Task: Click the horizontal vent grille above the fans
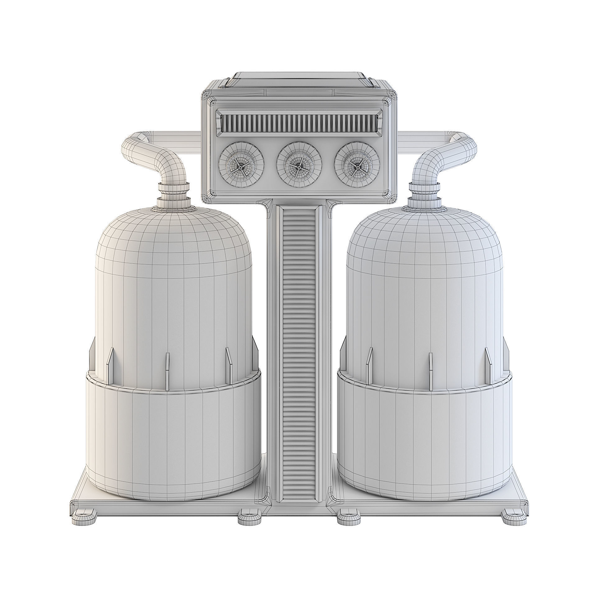298,122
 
